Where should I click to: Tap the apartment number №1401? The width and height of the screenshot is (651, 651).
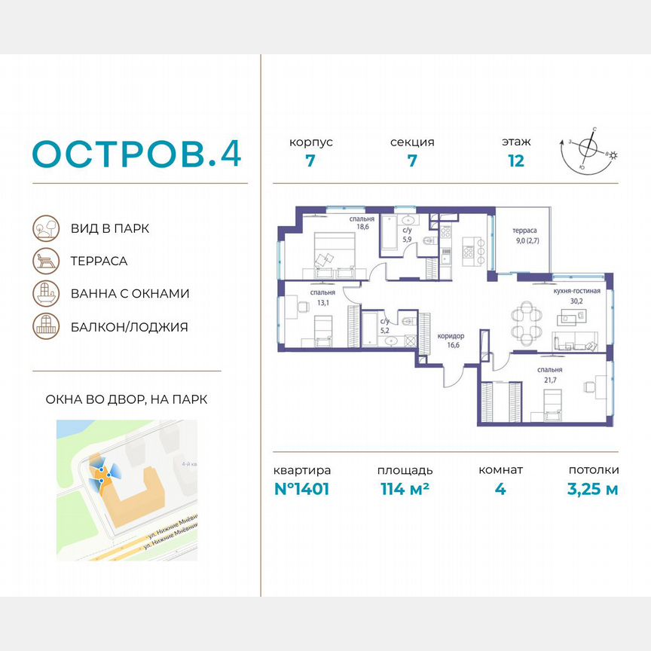[x=301, y=489]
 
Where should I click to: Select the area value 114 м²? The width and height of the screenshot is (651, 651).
[x=403, y=489]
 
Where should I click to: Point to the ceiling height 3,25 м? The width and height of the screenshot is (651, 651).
[x=593, y=489]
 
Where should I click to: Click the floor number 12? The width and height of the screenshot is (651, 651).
[x=515, y=160]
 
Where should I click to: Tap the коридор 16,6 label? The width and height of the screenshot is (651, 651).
[x=451, y=341]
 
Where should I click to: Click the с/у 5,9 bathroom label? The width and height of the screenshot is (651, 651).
[x=407, y=235]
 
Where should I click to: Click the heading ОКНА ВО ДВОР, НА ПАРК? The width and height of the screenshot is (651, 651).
[x=121, y=399]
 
